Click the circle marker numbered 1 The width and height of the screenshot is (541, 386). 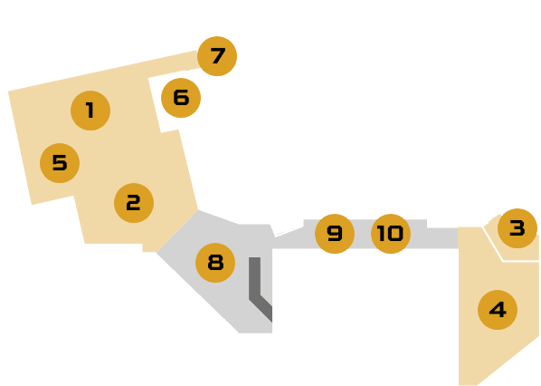coord(90,111)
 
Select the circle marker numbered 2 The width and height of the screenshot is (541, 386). coord(134,203)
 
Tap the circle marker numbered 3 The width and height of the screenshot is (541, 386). coord(517,228)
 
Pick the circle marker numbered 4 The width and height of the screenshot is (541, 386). coord(498,310)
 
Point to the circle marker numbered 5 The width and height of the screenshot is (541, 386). coord(60,163)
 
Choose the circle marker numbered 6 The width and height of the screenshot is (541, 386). coord(181,98)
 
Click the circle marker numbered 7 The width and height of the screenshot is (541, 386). coord(217,56)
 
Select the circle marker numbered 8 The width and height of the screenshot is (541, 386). coord(215,263)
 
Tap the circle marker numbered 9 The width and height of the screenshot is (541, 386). coord(335,234)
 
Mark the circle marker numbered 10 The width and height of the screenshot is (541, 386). coord(391,234)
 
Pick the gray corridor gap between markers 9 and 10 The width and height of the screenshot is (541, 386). coord(363,234)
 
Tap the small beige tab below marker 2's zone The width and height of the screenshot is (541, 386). coord(149,247)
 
